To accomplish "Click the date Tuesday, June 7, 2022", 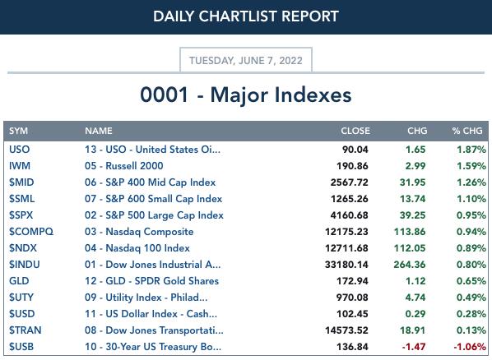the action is (246, 60).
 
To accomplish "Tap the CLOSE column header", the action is (355, 131).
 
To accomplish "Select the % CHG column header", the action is (467, 131).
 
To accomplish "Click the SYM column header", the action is (19, 131).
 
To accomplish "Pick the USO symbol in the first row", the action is (20, 150).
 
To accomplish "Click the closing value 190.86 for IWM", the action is (352, 166).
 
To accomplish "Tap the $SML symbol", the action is (21, 199).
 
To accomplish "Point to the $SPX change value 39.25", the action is (413, 215).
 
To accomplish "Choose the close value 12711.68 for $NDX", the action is (346, 248).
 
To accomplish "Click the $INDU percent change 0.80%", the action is (471, 265).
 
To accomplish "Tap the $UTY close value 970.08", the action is (352, 298).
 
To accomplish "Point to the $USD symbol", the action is (22, 314).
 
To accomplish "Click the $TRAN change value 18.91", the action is (413, 330).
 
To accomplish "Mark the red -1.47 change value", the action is (414, 347).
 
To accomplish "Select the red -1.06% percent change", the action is (470, 347).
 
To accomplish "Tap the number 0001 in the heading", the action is (164, 95).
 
